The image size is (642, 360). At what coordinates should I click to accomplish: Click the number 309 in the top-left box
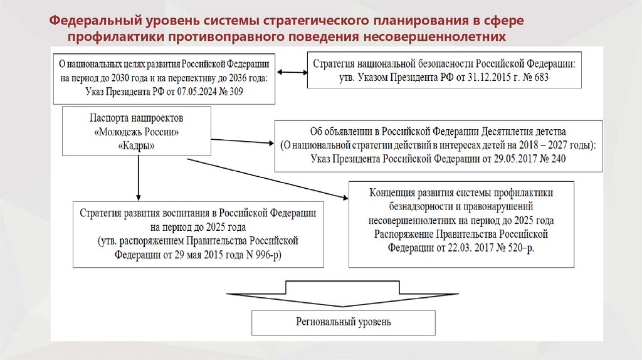point(234,92)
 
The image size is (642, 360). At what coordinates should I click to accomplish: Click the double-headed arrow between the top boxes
point(291,73)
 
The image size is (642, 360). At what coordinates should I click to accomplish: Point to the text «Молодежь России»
point(137,132)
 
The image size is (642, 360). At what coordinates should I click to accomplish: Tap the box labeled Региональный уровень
point(344,322)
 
